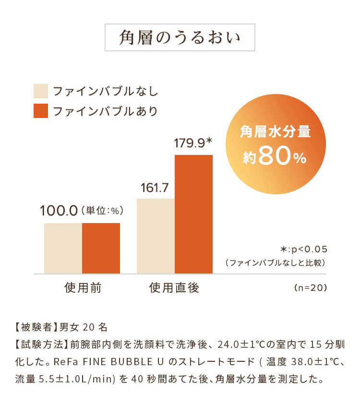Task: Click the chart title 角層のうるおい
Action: (x=180, y=38)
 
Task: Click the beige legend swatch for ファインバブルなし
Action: (x=41, y=91)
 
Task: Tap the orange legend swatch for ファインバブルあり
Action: (x=41, y=111)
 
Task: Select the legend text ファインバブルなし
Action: (x=105, y=91)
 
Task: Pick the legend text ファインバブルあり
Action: (x=105, y=111)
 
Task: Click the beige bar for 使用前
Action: (x=63, y=248)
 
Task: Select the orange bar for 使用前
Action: (x=101, y=248)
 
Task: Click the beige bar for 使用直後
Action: (x=156, y=236)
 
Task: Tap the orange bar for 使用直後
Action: (x=193, y=214)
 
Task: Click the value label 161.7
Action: (x=155, y=187)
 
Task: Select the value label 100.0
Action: (x=59, y=211)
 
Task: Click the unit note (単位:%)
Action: (x=102, y=211)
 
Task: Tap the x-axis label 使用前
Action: (x=83, y=288)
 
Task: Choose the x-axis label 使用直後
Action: (x=174, y=288)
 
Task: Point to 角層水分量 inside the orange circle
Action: (x=275, y=132)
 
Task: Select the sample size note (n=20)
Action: (x=310, y=288)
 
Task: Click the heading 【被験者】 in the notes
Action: (x=34, y=328)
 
